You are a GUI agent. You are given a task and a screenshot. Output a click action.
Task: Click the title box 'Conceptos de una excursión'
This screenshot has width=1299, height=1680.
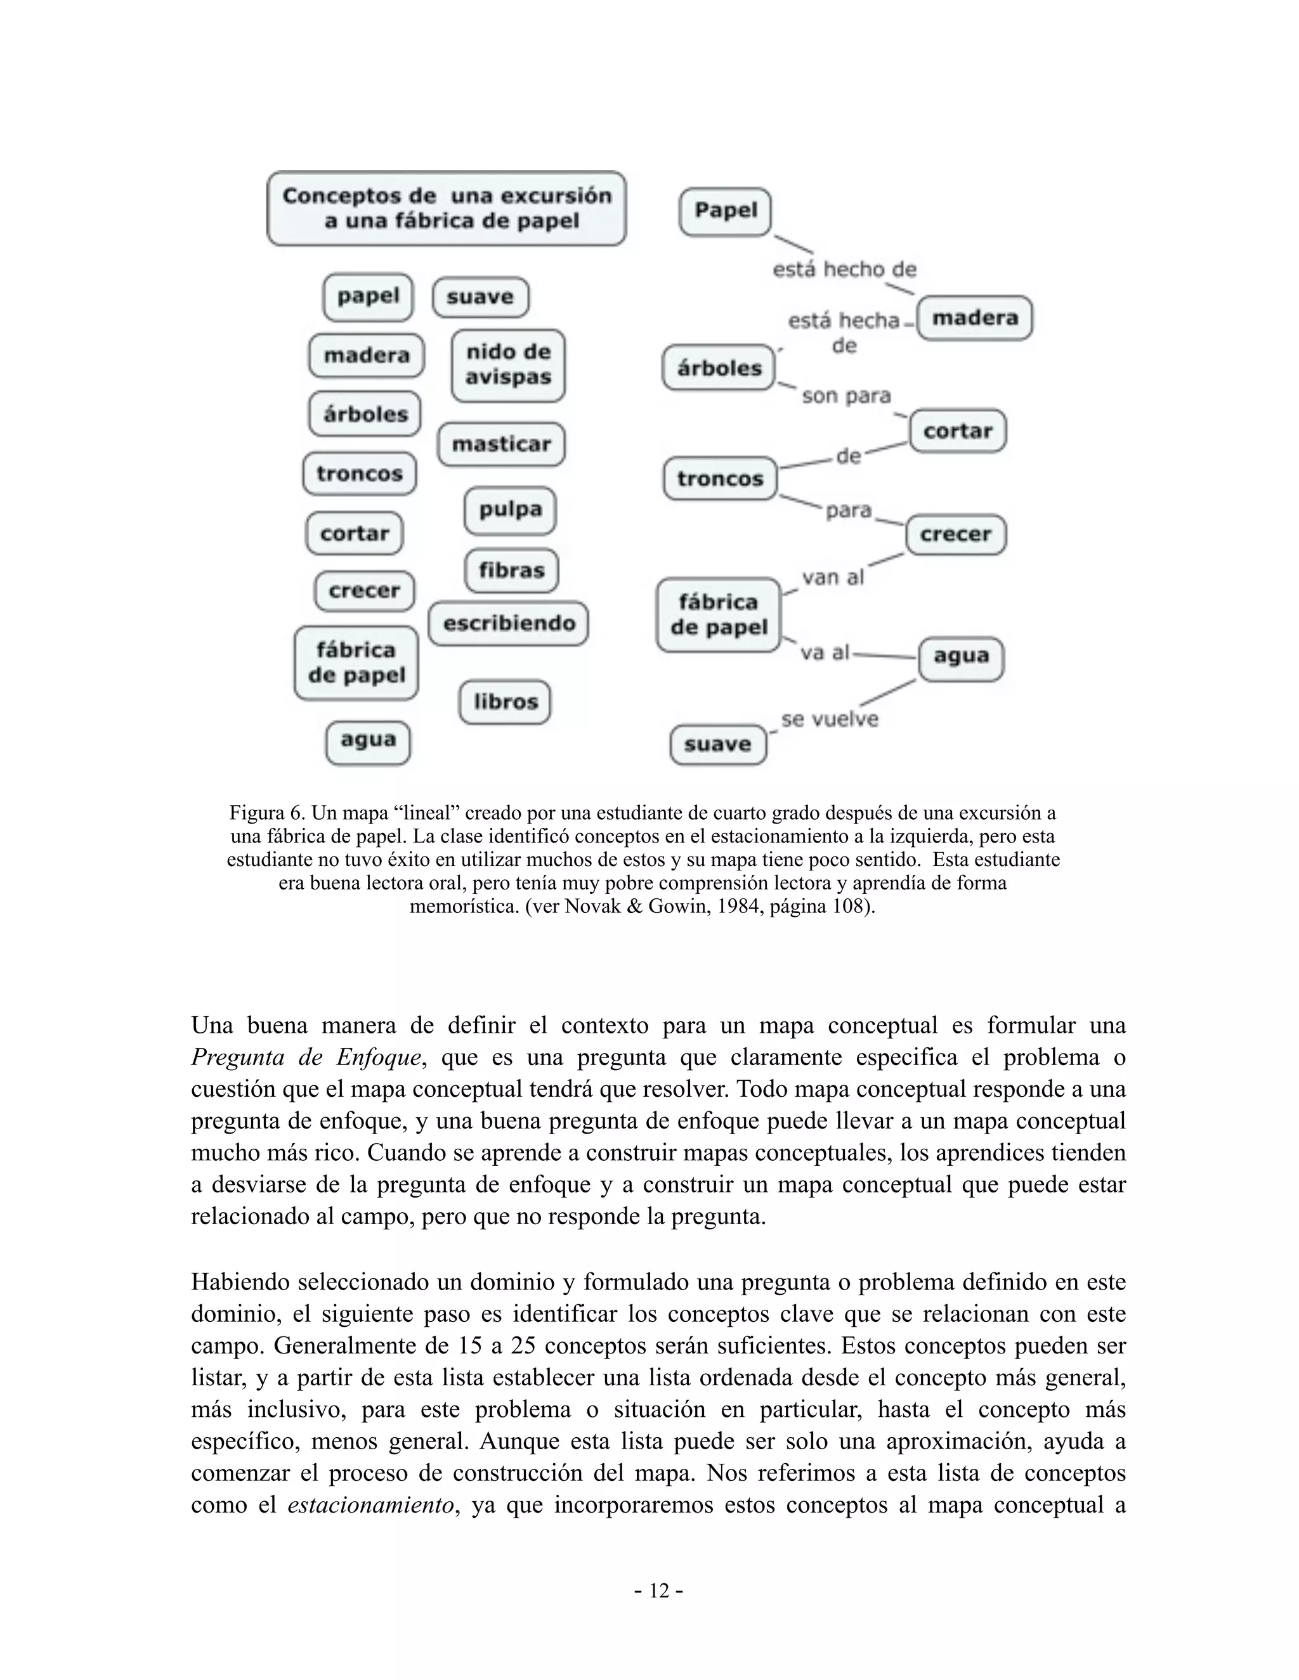(x=447, y=209)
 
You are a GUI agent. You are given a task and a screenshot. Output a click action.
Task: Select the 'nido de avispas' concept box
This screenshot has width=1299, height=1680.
(x=508, y=365)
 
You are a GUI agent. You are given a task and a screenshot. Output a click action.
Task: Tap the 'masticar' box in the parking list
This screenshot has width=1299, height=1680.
(x=501, y=444)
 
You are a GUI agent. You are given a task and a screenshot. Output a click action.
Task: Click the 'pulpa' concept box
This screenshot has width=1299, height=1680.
(x=509, y=510)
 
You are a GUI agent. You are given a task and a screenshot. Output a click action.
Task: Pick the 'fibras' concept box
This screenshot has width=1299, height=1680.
(x=511, y=570)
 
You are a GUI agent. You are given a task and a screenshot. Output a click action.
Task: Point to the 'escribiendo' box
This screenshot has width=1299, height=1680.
(x=509, y=623)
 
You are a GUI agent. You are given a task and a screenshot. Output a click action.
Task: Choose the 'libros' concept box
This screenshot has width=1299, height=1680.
(x=505, y=702)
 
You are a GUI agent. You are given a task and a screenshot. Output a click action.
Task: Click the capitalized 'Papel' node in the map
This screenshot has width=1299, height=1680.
(x=725, y=210)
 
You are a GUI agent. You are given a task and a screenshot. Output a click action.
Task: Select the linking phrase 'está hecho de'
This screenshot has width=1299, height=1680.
(x=844, y=270)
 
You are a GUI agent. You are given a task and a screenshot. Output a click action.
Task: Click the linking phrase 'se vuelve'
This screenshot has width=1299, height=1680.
(x=829, y=720)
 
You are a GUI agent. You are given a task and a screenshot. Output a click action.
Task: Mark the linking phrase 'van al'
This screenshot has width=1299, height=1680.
(x=833, y=577)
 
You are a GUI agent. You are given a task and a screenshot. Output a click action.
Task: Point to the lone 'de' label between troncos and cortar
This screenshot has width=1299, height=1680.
(x=848, y=456)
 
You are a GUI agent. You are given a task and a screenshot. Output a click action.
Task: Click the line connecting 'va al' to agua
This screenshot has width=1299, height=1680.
(x=885, y=656)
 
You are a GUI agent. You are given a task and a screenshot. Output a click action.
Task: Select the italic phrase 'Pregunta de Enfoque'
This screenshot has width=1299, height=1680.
(x=306, y=1057)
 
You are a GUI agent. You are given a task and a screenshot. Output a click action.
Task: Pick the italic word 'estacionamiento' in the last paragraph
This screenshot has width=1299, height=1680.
(x=370, y=1504)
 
